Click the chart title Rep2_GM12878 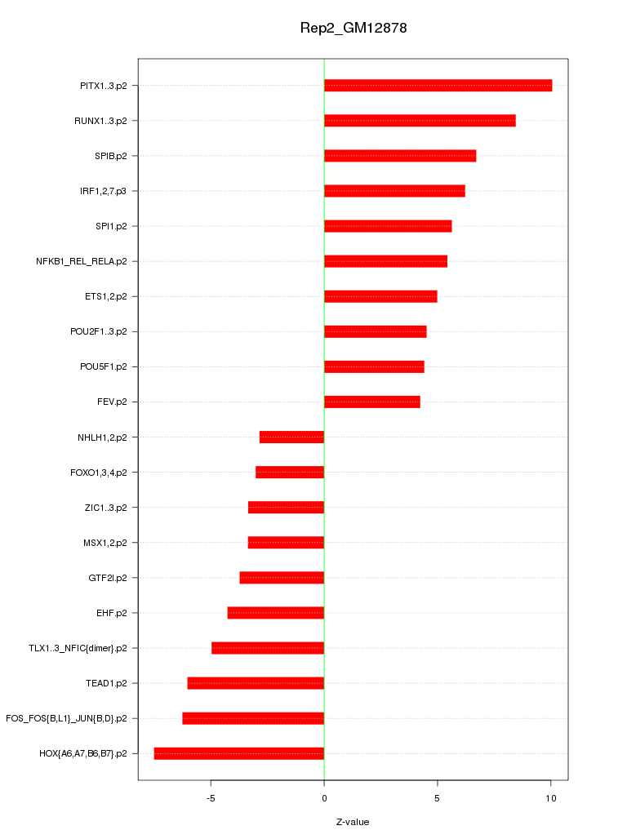pos(354,29)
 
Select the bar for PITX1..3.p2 pos(438,86)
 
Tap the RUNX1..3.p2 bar pos(420,121)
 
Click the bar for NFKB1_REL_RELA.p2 pos(385,261)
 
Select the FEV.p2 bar pos(371,402)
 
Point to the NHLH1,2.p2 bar pos(291,437)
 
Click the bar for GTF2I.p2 pos(282,578)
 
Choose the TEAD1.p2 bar pos(256,683)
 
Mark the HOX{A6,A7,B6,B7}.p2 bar pos(239,753)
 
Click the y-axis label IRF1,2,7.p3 pos(109,191)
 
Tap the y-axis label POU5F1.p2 pos(109,366)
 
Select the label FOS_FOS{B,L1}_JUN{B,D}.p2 pos(72,718)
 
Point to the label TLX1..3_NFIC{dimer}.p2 pos(83,648)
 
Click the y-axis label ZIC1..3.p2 pos(111,508)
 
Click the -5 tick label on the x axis pos(211,798)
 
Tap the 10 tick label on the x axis pos(551,798)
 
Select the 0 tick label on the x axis pos(324,798)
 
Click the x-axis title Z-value pos(353,822)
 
